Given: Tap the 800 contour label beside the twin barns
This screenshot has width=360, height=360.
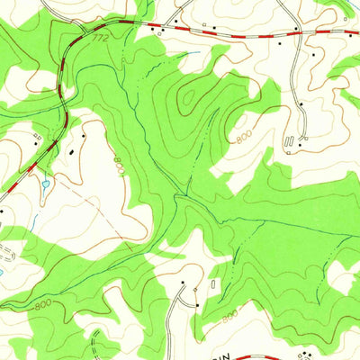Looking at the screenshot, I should point(244,137).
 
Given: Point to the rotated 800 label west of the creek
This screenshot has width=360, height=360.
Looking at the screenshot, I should point(119,166).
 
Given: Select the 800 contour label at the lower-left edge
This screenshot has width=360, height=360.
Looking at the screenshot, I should point(42,306).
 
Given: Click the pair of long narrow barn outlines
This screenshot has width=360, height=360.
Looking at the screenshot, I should point(289,142).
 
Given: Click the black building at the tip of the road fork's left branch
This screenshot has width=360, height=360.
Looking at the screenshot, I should point(183,283).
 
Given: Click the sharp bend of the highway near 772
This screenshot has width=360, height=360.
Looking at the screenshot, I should point(87,30).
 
